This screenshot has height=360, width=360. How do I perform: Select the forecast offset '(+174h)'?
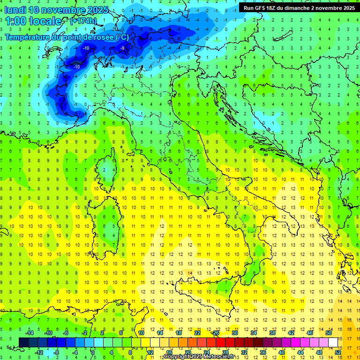pos(83,21)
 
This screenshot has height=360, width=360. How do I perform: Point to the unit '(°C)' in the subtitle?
pos(122,37)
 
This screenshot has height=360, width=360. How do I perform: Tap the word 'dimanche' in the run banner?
pos(296,7)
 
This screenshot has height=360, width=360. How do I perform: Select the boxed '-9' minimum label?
pos(123,48)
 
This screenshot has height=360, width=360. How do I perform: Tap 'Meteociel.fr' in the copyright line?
pos(216,357)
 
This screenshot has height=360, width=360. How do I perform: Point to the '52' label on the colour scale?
pos(338,352)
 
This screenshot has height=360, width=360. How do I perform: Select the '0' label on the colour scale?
pos(93,352)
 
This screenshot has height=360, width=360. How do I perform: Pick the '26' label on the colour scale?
pos(216,333)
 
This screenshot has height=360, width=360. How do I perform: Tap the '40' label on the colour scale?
pos(281,352)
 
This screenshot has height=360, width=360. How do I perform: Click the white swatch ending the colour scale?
pos(333,342)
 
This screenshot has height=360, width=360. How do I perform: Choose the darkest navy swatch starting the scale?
pos(23,342)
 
